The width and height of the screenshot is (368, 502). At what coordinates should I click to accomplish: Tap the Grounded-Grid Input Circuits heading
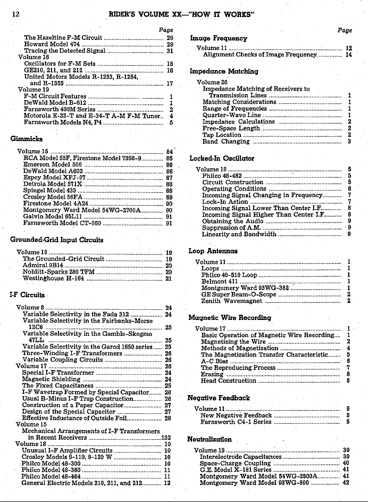tap(56, 240)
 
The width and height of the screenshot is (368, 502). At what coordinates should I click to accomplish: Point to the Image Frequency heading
tap(219, 38)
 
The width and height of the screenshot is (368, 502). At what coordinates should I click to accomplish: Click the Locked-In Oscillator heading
tap(222, 158)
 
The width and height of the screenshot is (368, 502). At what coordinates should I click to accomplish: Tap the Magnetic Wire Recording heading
tap(230, 318)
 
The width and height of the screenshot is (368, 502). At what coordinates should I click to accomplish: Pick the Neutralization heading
tap(210, 439)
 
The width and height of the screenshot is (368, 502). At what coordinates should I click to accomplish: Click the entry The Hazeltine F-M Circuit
tap(63, 38)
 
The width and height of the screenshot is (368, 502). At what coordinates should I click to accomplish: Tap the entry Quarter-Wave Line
tap(232, 114)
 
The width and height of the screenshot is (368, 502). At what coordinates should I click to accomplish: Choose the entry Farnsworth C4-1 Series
tap(236, 422)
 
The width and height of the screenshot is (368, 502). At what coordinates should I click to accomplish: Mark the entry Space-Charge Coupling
tap(235, 463)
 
